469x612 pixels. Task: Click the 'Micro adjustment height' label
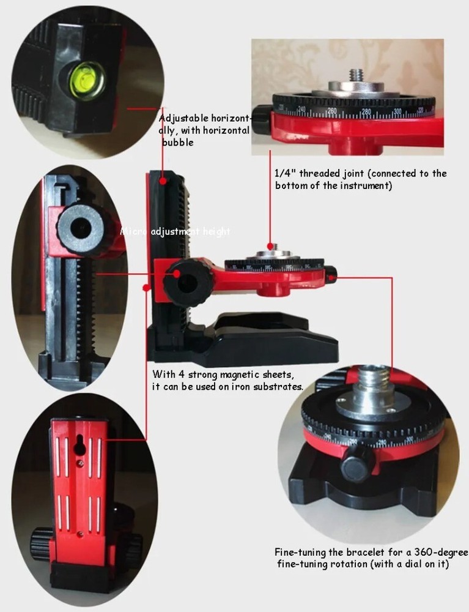coord(175,231)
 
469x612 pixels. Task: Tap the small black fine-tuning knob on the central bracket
coord(330,272)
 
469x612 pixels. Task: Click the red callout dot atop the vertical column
coord(163,181)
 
